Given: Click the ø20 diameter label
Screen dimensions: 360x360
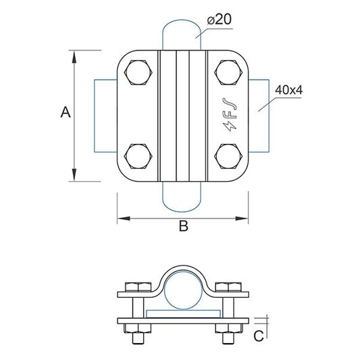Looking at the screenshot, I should [x=220, y=20].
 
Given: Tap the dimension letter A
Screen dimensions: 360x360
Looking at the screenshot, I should [x=65, y=112].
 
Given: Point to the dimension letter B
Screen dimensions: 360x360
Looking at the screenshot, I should [x=182, y=227].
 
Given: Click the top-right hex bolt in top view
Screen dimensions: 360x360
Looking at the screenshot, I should [x=228, y=73].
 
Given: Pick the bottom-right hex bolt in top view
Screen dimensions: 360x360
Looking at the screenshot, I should [x=228, y=155].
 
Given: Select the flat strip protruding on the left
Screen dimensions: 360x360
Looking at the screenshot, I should [x=105, y=115].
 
